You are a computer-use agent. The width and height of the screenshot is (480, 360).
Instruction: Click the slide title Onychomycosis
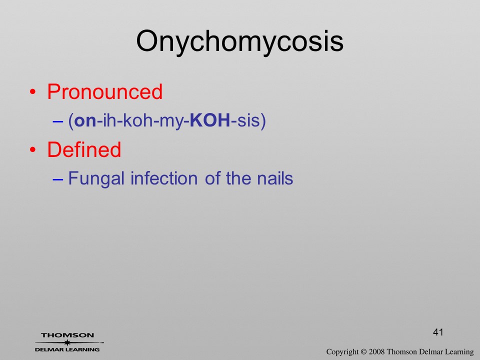[x=239, y=42]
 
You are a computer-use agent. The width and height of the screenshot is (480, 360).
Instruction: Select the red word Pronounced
[x=104, y=91]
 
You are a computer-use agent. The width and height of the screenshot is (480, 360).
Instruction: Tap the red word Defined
[x=84, y=149]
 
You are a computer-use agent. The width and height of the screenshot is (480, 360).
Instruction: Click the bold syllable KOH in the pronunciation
[x=210, y=120]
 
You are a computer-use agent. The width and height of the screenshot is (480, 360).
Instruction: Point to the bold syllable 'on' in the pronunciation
[x=85, y=121]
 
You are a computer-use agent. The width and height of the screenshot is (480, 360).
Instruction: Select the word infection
[x=164, y=178]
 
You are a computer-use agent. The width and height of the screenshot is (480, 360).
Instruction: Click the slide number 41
[x=438, y=332]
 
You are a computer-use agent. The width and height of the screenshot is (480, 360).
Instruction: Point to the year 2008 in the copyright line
[x=376, y=351]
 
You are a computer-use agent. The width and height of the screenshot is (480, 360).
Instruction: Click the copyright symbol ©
[x=363, y=352]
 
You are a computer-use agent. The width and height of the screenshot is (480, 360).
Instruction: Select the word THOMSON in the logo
[x=67, y=335]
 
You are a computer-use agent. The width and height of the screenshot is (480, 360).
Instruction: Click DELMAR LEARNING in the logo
[x=67, y=349]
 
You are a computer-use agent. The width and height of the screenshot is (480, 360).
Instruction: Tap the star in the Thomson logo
[x=67, y=342]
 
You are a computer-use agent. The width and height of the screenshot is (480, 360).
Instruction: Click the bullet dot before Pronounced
[x=33, y=92]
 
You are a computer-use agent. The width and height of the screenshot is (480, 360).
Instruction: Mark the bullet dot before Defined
[x=33, y=150]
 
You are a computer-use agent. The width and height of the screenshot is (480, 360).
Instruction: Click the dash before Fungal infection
[x=57, y=179]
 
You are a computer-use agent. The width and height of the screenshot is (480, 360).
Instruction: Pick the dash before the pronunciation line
[x=57, y=121]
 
